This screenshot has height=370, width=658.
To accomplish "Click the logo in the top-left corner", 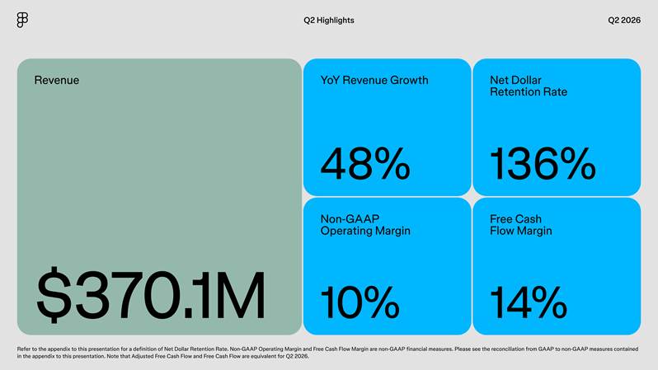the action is (22, 20).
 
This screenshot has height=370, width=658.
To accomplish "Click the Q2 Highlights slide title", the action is (329, 20).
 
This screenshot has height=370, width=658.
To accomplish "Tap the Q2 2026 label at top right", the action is (624, 20).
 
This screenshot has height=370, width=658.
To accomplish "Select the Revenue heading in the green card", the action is (57, 80).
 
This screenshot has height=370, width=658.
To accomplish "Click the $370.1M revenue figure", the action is (151, 295).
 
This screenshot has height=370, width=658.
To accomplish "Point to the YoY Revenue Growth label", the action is (374, 80).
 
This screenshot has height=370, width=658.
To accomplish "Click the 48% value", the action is (365, 164).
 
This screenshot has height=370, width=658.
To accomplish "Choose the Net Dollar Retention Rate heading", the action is (529, 86).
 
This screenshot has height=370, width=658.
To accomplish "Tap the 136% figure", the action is (543, 164).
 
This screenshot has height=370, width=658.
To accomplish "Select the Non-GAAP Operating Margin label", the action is (365, 225).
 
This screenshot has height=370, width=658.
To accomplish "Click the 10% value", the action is (360, 302).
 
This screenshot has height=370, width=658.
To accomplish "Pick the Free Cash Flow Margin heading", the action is (521, 225).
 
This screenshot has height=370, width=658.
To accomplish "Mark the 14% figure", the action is (529, 302).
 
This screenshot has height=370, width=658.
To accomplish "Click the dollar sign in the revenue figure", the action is (54, 295).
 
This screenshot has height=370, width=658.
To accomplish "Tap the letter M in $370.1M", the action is (242, 295).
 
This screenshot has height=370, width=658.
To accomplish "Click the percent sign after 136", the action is (577, 164).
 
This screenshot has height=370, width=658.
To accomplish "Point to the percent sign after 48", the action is (392, 164).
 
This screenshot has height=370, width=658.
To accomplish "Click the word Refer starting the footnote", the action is (22, 349).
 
